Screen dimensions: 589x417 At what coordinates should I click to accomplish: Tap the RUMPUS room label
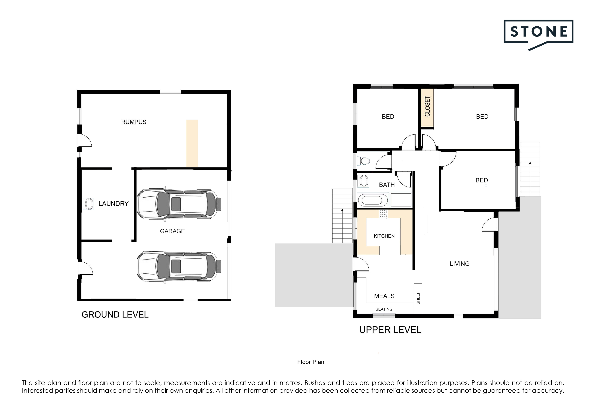pos(134,122)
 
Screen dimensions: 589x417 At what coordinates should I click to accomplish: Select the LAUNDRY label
pos(113,204)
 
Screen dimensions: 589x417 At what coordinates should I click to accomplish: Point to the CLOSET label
pos(427,106)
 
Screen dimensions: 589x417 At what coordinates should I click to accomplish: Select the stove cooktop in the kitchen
pos(383,214)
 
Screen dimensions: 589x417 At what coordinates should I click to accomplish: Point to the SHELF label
pos(418,298)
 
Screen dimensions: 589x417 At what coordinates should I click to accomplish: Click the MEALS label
pos(384,296)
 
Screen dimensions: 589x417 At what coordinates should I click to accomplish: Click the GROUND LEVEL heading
pos(115,315)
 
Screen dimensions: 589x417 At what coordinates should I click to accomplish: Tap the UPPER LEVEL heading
pos(390,330)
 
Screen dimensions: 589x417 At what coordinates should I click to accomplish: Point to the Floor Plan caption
pos(311,362)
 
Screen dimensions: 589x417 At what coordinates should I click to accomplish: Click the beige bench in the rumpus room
pos(192,143)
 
